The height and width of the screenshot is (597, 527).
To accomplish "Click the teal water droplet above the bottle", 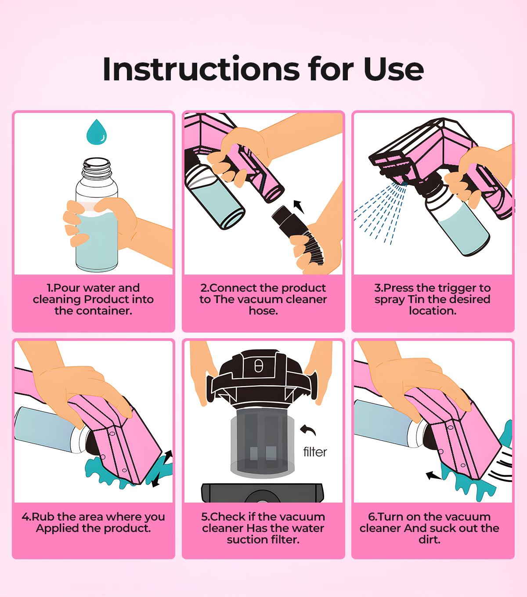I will (x=97, y=131).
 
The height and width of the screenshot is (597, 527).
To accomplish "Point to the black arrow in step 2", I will (x=299, y=205).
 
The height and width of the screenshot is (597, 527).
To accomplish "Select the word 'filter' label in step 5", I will (x=315, y=452).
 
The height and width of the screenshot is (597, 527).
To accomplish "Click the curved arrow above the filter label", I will (x=308, y=430).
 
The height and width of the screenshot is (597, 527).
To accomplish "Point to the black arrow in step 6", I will (x=434, y=475).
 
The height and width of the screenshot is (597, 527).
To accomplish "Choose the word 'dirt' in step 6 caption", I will (x=429, y=539).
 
